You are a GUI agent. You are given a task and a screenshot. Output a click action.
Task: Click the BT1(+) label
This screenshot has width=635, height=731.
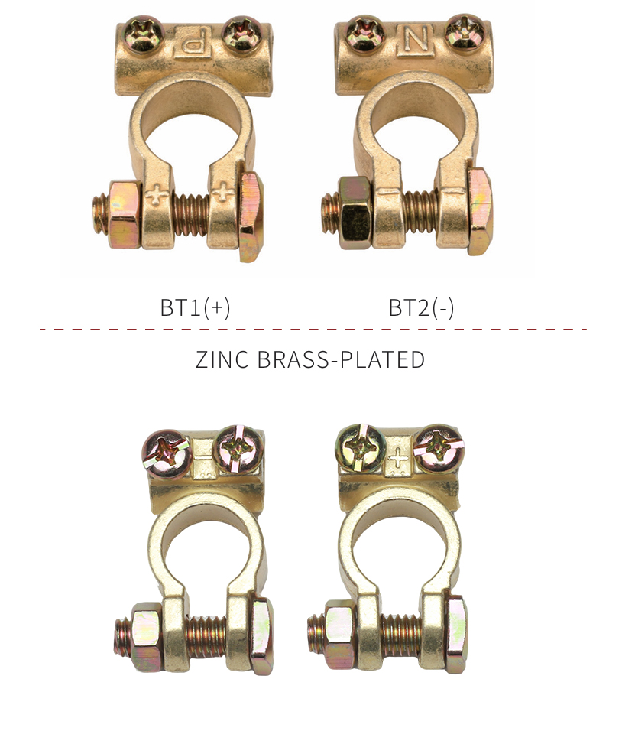pyautogui.click(x=195, y=307)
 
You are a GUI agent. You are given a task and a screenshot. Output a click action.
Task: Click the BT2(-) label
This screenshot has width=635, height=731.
pyautogui.click(x=421, y=307)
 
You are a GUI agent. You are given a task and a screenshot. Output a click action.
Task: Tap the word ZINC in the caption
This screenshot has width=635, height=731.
pyautogui.click(x=222, y=359)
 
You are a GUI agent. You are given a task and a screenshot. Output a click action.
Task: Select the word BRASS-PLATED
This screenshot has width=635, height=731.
pyautogui.click(x=341, y=359)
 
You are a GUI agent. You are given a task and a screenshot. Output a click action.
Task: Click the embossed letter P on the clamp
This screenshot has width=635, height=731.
pyautogui.click(x=193, y=43)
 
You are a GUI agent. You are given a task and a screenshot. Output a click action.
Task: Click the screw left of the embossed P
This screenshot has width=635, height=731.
pyautogui.click(x=145, y=33)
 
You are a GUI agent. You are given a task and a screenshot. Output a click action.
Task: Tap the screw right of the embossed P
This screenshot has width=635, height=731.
pyautogui.click(x=241, y=34)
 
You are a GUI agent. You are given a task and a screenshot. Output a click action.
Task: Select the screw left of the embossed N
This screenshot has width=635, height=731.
pyautogui.click(x=366, y=33)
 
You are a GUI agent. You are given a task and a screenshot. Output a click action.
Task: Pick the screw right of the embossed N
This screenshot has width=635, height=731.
pyautogui.click(x=464, y=31)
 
